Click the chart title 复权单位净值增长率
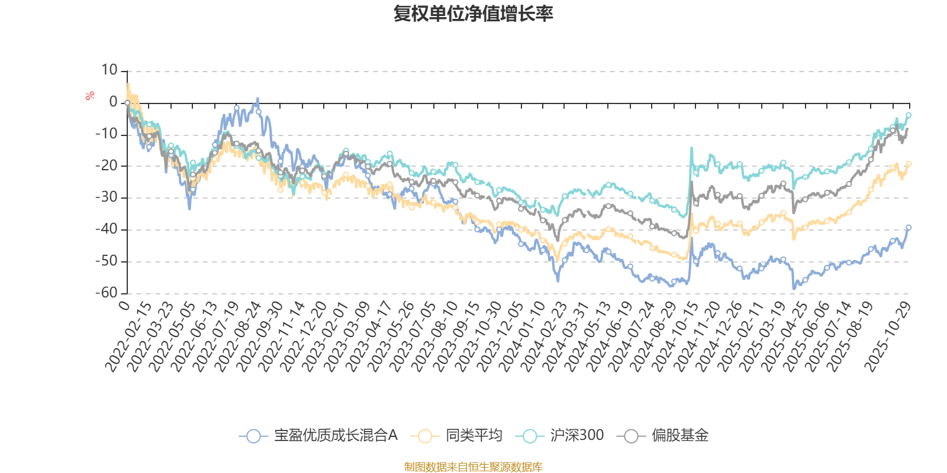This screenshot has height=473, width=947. (x=473, y=14)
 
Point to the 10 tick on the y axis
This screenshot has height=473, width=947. (x=109, y=70)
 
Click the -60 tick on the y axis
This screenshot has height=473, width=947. (x=107, y=293)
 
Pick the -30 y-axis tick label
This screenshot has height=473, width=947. (x=107, y=197)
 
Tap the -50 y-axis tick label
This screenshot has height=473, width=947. (x=107, y=261)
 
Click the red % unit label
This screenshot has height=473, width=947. (x=90, y=95)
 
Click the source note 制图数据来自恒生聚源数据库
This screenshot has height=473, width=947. (x=473, y=466)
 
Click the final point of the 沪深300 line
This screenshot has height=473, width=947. (x=909, y=115)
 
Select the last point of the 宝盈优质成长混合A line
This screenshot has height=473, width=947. (x=909, y=228)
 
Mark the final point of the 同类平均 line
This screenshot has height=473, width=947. (x=909, y=164)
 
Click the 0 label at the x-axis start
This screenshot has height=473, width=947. (x=124, y=304)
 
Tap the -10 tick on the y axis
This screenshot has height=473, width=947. (x=107, y=134)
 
